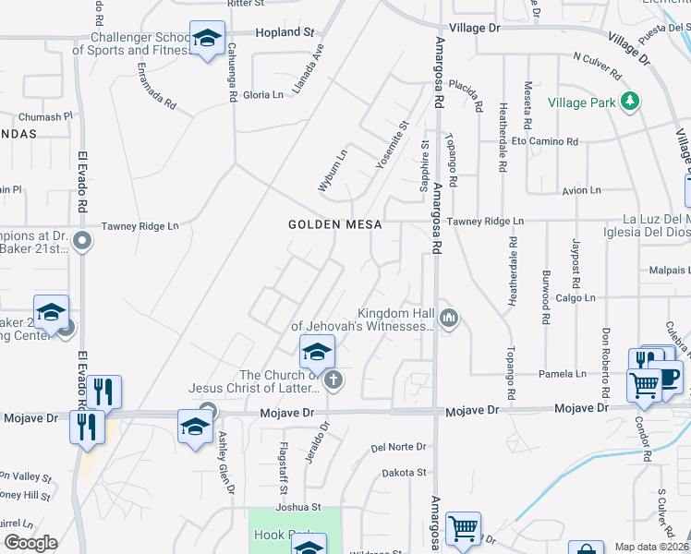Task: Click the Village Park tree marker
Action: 631,101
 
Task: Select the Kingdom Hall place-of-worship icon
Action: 450,319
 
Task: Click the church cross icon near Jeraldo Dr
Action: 334,379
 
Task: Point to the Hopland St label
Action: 284,32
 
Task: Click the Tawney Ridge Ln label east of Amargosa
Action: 485,222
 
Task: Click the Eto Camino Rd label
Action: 545,142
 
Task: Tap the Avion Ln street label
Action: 581,190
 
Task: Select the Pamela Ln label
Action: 563,374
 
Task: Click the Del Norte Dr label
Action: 398,447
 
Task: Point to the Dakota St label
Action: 406,473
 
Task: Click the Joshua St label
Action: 296,507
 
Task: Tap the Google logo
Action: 30,543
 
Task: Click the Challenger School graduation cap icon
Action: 207,40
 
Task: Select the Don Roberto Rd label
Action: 607,355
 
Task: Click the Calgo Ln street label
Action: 576,298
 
